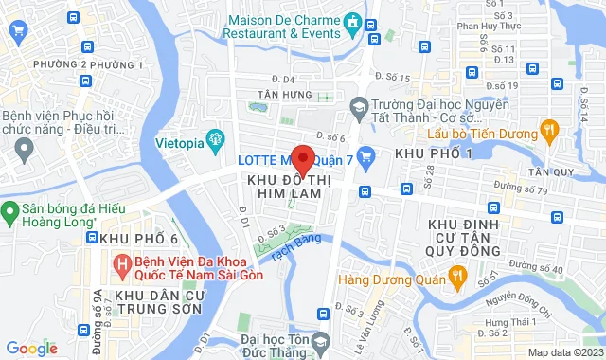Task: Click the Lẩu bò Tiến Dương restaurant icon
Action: click(x=547, y=128)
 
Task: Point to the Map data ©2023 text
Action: click(x=564, y=352)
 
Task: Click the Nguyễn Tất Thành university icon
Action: click(x=358, y=109)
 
